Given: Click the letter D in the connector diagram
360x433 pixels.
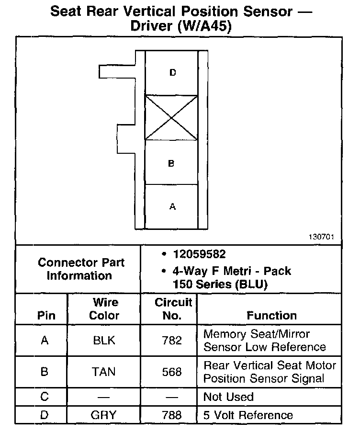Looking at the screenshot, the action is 172,73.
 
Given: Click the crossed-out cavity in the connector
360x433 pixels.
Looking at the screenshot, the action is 171,117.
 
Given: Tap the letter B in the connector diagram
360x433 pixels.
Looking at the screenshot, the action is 171,163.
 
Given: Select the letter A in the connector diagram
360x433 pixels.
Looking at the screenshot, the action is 172,207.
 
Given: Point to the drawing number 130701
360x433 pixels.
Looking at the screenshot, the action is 321,237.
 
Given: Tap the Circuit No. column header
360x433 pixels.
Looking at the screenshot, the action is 173,309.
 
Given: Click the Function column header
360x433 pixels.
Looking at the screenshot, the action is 271,316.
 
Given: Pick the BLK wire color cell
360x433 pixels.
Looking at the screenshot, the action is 104,341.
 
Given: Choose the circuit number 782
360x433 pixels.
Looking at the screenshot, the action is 172,341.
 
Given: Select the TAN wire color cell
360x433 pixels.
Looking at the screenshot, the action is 104,372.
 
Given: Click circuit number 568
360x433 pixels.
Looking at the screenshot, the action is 172,372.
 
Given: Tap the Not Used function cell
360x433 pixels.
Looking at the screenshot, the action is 228,397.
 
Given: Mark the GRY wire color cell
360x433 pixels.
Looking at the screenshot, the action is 104,415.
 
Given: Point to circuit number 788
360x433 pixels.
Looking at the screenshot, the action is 172,415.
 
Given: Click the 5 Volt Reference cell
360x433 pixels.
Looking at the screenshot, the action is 247,415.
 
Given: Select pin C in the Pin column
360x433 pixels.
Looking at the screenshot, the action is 44,397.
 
